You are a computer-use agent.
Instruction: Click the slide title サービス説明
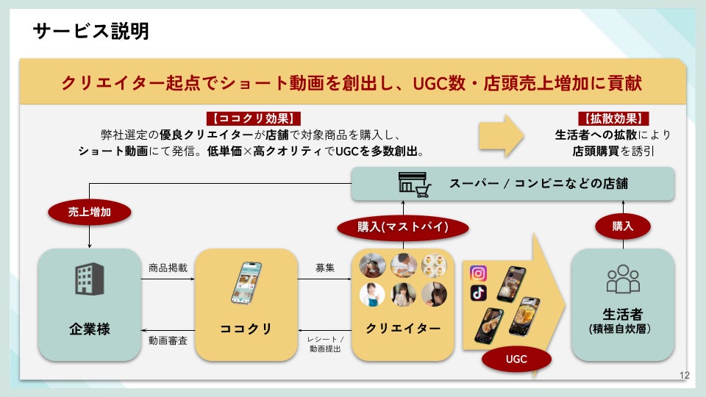coord(91,31)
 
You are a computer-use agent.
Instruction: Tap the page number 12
coord(685,376)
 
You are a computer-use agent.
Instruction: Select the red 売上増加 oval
coord(89,212)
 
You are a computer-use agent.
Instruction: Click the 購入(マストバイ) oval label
coord(402,226)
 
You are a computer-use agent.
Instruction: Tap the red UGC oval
coord(517,360)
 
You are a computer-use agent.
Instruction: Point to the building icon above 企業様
coord(89,279)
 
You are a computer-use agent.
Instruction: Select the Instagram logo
coord(478,273)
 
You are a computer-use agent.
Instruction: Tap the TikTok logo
coord(478,293)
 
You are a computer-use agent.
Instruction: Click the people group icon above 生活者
coord(622,279)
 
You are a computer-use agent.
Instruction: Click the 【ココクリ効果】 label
coord(253,118)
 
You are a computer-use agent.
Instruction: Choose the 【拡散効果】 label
coord(613,118)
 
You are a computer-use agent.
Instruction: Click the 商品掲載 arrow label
coord(168,268)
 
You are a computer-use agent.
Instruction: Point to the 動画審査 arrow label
coord(168,340)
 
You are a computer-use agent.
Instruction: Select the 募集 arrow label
coord(325,268)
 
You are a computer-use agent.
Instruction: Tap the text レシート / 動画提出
coord(325,343)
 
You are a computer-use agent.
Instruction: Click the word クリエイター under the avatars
coord(402,329)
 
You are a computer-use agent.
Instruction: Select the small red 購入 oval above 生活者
coord(622,226)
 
